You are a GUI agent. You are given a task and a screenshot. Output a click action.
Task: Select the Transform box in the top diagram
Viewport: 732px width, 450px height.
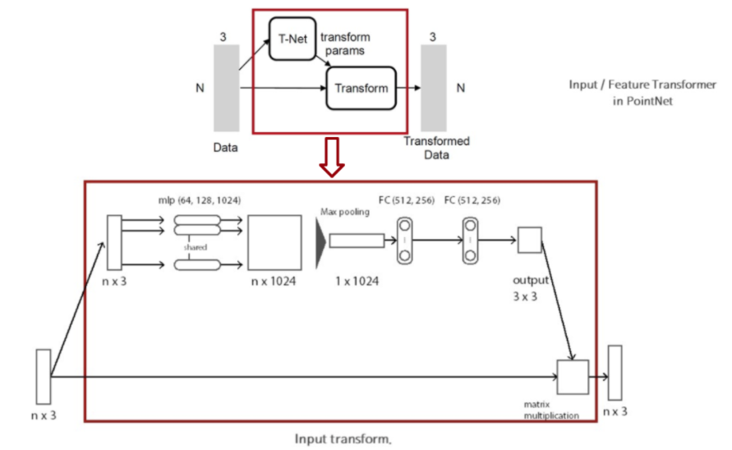(x=361, y=89)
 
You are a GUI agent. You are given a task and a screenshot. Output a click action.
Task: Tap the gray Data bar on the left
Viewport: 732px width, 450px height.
(x=226, y=88)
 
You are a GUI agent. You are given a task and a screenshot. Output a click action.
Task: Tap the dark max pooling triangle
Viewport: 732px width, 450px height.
(x=320, y=241)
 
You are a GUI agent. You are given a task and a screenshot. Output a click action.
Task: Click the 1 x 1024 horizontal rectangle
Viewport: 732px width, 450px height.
(x=357, y=241)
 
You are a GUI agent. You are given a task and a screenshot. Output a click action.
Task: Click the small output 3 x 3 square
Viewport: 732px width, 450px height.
(x=530, y=241)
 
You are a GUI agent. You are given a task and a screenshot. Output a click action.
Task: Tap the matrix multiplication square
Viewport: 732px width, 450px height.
(x=573, y=377)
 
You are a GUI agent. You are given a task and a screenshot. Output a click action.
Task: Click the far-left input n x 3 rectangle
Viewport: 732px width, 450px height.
(x=43, y=376)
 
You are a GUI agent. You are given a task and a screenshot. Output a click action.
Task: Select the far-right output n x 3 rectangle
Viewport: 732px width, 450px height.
(x=615, y=374)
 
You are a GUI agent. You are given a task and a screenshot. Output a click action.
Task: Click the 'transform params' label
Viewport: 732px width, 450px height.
(x=345, y=44)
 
